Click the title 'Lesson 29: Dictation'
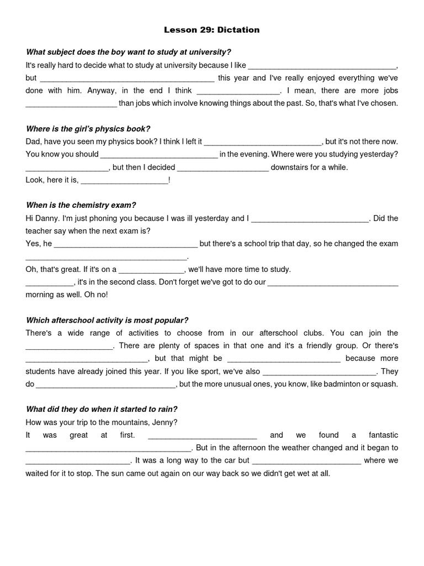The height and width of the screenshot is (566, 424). click(213, 30)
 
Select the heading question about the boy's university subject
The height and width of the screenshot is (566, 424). click(129, 52)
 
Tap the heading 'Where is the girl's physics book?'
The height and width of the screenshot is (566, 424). click(88, 129)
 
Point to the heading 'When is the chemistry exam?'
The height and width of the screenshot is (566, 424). click(81, 205)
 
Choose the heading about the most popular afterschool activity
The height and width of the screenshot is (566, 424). click(107, 320)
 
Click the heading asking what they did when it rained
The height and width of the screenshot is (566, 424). click(102, 410)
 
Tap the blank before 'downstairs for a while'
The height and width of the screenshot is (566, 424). click(223, 167)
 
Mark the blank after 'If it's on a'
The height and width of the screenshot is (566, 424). click(151, 270)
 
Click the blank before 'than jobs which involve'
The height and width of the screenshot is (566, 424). click(71, 103)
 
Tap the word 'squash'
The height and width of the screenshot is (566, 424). click(384, 384)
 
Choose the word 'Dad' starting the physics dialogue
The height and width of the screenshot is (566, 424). click(33, 141)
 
